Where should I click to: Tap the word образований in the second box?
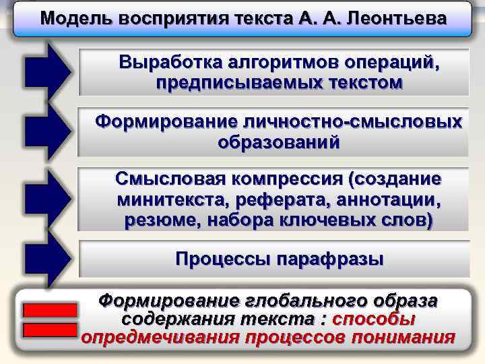[x=279, y=142]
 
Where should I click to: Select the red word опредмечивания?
[x=160, y=337]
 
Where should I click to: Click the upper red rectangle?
[x=50, y=310]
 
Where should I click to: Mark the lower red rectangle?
[x=50, y=330]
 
